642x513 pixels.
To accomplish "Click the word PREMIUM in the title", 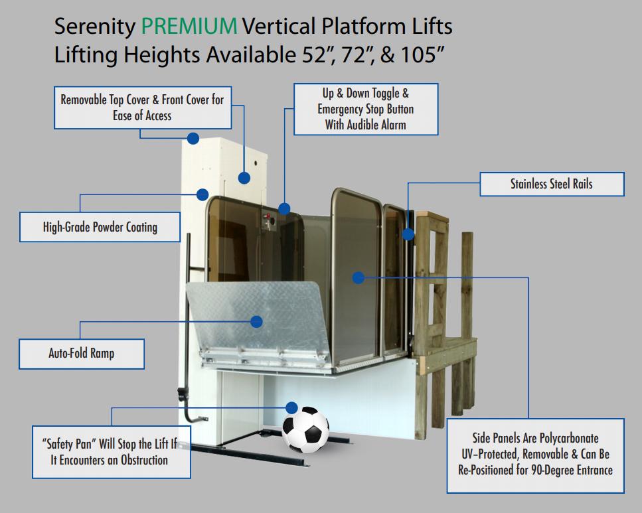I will click(x=189, y=27).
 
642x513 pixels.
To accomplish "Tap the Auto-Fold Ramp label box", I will click(x=82, y=353).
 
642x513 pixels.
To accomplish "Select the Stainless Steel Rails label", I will click(x=552, y=184).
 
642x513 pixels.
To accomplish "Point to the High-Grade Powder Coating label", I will click(x=100, y=227).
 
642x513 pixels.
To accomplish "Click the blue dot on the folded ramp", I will click(x=257, y=321).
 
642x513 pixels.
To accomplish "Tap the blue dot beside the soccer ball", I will click(x=291, y=407).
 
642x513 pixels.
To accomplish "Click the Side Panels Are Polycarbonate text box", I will click(x=535, y=455).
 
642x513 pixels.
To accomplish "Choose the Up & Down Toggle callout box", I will click(x=366, y=109).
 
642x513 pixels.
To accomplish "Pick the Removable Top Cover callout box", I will click(x=142, y=108).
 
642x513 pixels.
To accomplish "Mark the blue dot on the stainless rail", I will click(x=408, y=234).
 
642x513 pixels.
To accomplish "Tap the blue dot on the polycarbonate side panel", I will click(x=359, y=277).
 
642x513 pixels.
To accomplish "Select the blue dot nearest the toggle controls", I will click(x=284, y=209).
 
